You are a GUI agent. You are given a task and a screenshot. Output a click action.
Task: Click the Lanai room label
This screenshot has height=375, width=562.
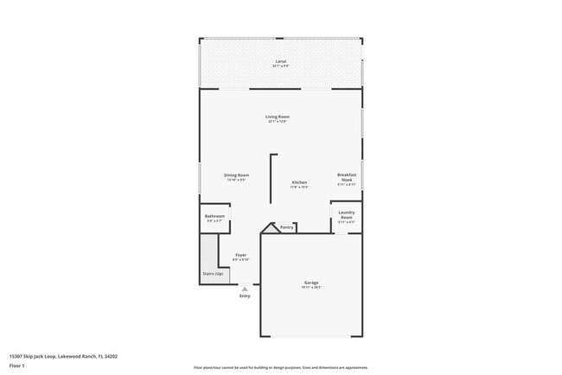(281, 62)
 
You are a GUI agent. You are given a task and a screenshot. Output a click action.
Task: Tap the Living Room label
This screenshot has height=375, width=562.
(278, 117)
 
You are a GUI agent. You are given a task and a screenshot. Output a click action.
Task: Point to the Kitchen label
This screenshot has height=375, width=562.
(299, 182)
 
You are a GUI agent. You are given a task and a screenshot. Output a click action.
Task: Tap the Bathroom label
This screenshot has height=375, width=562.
(214, 216)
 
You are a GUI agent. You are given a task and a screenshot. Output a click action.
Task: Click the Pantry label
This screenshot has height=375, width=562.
(286, 227)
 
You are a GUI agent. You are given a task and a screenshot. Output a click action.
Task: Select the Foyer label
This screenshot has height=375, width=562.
(241, 255)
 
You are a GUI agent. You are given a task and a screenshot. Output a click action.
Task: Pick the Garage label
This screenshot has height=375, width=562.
(311, 283)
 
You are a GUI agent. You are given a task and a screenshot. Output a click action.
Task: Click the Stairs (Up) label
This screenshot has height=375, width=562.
(213, 273)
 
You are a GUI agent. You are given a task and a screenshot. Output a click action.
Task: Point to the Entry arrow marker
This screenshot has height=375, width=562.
(245, 289)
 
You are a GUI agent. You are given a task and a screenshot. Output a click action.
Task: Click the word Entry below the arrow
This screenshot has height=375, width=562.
(245, 296)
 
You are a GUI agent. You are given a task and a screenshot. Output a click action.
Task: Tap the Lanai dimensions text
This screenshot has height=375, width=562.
(281, 67)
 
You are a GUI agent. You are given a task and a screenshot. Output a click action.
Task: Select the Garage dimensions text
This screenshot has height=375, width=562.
(311, 288)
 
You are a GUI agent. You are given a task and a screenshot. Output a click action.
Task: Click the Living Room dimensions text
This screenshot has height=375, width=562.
(278, 122)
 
